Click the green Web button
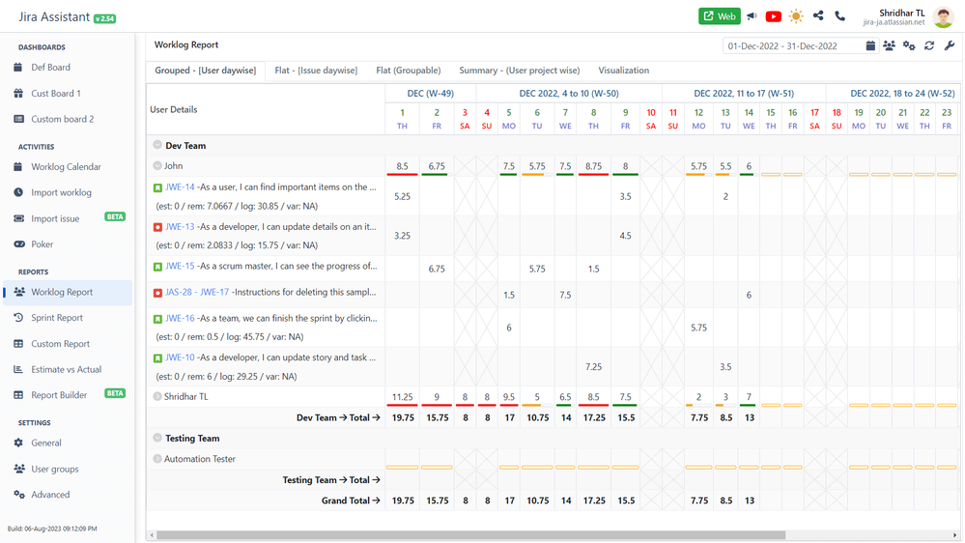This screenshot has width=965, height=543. coord(719,16)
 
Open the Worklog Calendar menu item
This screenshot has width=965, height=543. coord(66,167)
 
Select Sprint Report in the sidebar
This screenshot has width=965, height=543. coord(57,318)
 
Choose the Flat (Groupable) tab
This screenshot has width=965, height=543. coord(408,71)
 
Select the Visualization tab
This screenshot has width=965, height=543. coord(623,71)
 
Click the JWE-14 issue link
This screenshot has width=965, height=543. coord(180,187)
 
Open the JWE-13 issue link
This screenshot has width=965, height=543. coord(180,227)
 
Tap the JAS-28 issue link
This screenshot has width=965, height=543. coord(178,292)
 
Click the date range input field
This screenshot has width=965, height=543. coord(792,46)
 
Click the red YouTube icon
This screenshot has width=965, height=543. coord(773,16)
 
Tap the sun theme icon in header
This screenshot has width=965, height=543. coord(796,16)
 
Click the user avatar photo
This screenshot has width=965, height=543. coord(944,16)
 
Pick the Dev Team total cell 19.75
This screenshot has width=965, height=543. coord(403,418)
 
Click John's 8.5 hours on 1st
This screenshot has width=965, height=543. coord(402,166)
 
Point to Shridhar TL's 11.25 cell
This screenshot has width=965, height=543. coord(402,397)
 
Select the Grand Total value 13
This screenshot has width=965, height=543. coord(749,501)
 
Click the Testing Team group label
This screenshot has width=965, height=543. coord(192,439)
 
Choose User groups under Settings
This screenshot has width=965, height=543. coord(55,469)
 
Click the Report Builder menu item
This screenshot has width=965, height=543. coord(59,395)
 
